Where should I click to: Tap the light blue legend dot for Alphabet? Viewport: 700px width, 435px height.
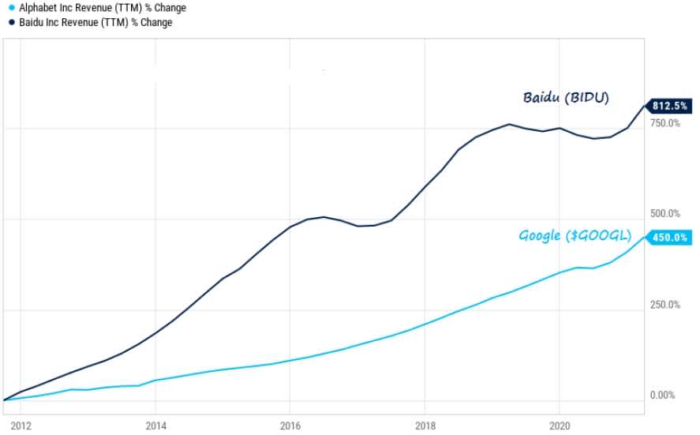coord(10,8)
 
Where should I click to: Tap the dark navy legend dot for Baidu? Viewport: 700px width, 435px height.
coord(10,23)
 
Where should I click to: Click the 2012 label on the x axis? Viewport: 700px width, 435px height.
coord(21,426)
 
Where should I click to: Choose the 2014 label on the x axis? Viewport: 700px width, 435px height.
coord(156,426)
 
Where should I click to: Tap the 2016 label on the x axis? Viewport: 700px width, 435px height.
coord(290,426)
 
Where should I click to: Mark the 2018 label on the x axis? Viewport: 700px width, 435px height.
coord(425,426)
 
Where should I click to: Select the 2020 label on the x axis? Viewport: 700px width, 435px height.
coord(559,426)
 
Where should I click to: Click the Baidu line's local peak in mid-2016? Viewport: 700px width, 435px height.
coord(324,216)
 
